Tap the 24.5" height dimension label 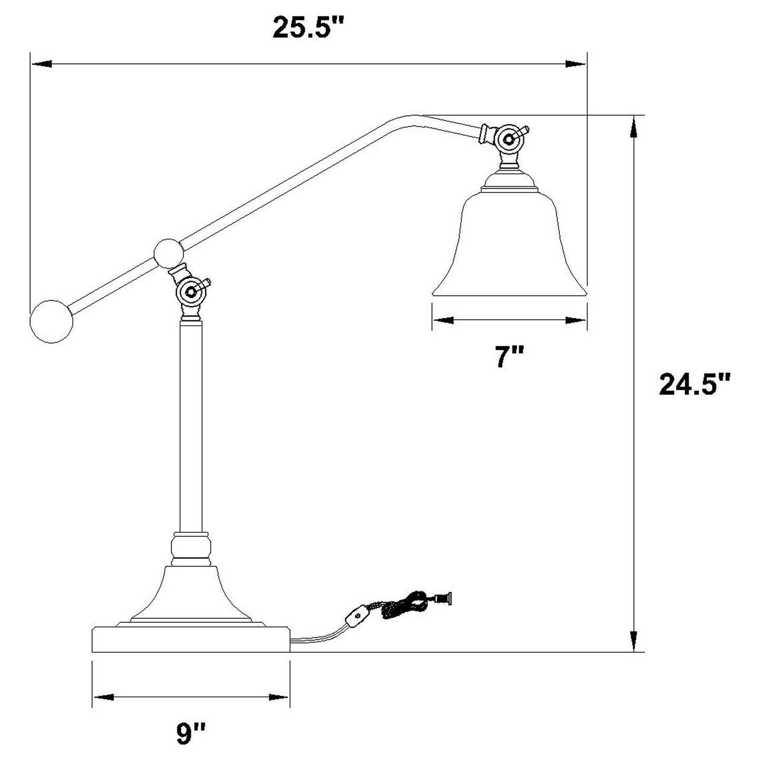point(695,384)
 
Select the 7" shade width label point(509,358)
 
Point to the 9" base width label point(190,734)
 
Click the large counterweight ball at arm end point(51,321)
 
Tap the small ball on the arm point(169,254)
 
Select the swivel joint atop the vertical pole point(191,290)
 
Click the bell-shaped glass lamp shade point(509,242)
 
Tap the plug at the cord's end point(443,597)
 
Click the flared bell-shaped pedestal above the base point(190,594)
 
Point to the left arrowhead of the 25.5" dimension point(42,64)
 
